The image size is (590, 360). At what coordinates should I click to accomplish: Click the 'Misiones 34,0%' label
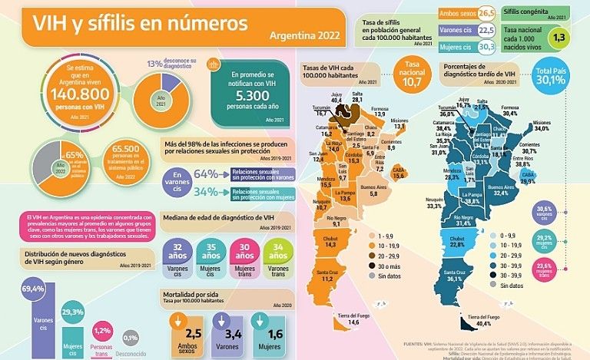click(x=543, y=126)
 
